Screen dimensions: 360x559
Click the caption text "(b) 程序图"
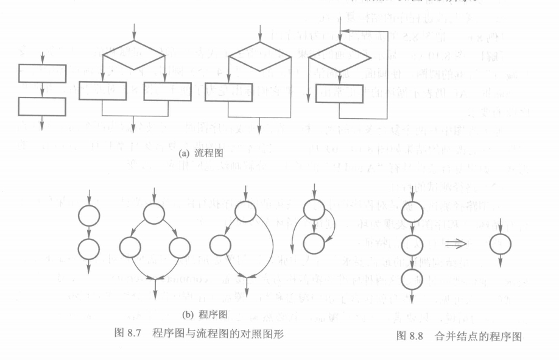pos(205,315)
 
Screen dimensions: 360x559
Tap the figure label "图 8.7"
pos(128,334)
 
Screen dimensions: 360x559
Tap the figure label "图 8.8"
pos(410,336)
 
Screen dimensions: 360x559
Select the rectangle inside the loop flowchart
pos(340,94)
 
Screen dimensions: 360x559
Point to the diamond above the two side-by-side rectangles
pos(133,55)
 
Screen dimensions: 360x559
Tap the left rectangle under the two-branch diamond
pos(103,91)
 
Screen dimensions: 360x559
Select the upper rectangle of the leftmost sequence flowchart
pos(42,73)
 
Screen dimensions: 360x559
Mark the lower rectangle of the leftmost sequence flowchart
pos(42,106)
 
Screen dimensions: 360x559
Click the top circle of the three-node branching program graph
pos(154,213)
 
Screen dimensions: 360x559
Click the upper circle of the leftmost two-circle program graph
pos(89,215)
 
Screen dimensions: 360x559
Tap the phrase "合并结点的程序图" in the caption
pos(478,336)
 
